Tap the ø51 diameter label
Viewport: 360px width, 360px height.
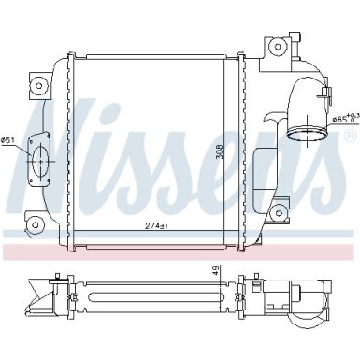pos(8,140)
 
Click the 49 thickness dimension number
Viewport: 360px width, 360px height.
pos(217,271)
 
